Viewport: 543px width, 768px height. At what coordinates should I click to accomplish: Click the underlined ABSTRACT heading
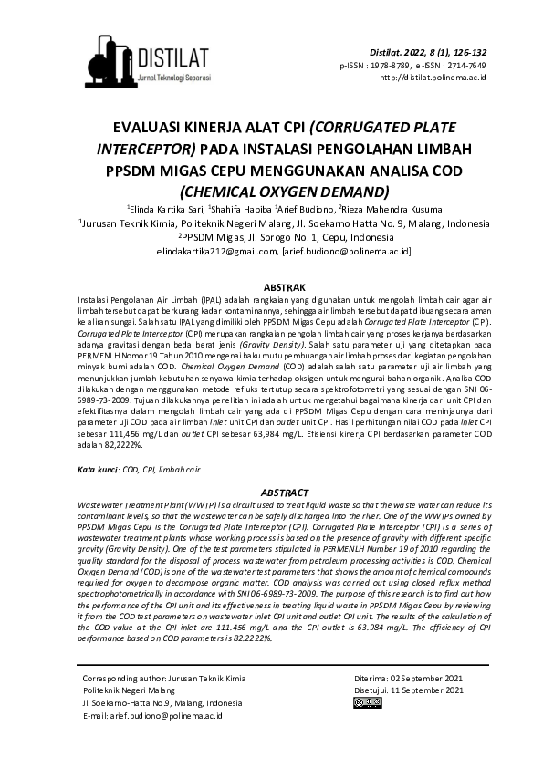pos(271,492)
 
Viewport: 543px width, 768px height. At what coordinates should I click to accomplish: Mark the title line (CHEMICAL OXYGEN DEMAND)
pos(271,192)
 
